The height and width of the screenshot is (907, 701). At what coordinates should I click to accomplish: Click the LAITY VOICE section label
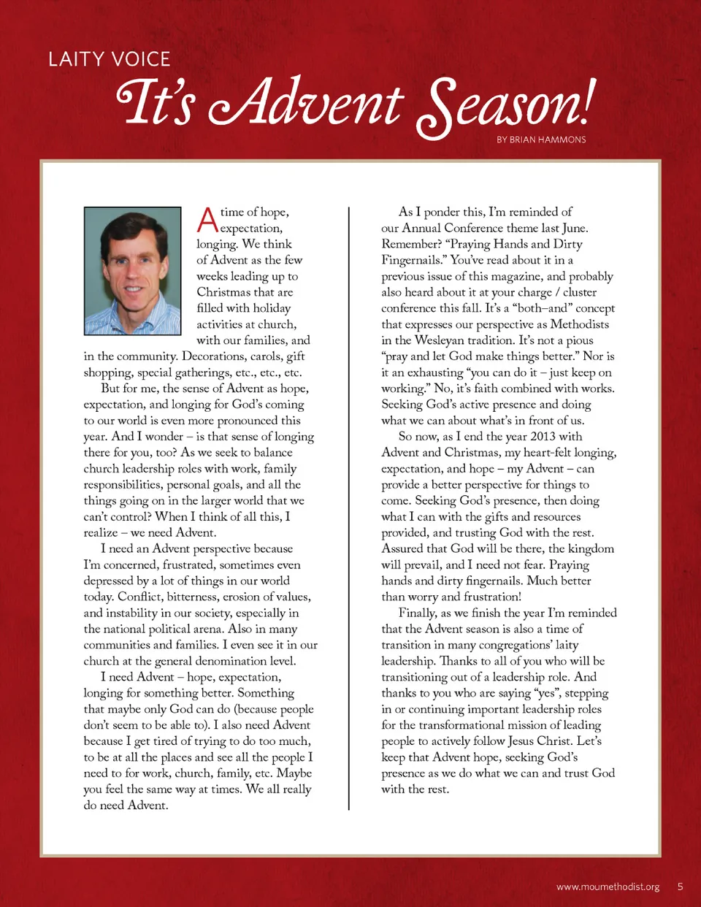click(x=110, y=59)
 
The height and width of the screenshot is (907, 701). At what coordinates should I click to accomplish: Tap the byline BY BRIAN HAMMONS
click(x=541, y=139)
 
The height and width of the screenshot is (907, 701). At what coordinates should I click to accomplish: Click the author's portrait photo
click(x=132, y=271)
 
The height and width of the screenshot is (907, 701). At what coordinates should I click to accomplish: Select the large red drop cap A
click(x=207, y=220)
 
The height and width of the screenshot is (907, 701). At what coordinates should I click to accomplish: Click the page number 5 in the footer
click(x=680, y=887)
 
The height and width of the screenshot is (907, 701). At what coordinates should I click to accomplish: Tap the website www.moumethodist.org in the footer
click(x=608, y=887)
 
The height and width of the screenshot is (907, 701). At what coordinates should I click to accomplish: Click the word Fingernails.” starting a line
click(x=413, y=260)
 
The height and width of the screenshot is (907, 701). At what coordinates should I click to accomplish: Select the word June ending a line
click(x=575, y=228)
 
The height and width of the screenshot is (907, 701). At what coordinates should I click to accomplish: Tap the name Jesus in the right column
click(x=521, y=740)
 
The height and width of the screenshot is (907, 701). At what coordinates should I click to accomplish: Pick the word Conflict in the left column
click(x=142, y=597)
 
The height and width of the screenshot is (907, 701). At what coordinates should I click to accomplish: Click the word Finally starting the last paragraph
click(x=418, y=613)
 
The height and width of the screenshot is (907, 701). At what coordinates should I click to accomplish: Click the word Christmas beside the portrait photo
click(x=223, y=292)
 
